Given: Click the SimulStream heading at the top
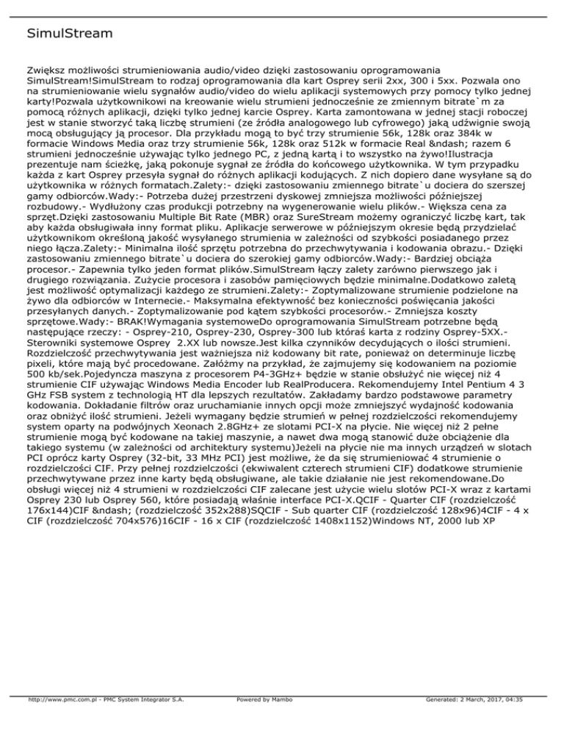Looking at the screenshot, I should click(x=61, y=34).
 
